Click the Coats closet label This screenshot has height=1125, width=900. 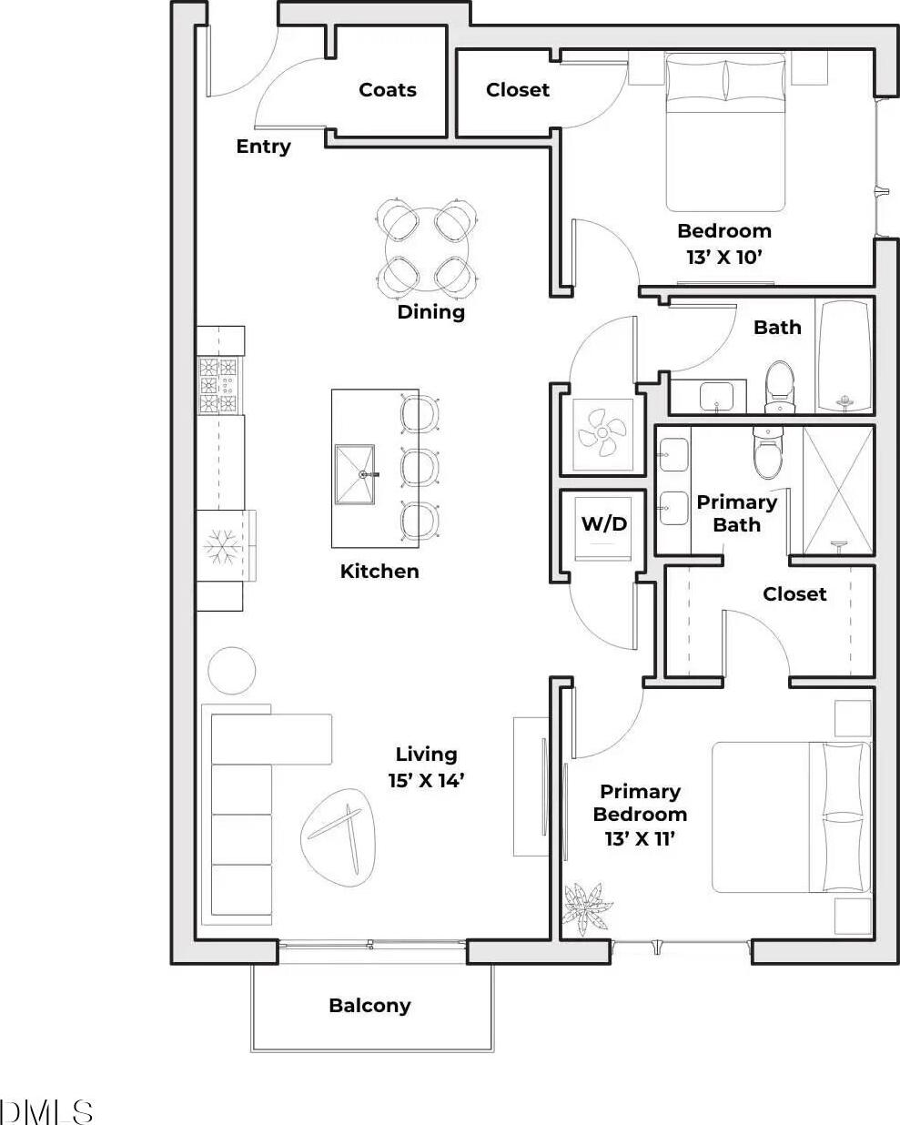click(x=388, y=89)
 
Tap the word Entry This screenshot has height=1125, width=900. click(x=263, y=147)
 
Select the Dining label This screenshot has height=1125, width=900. click(x=430, y=311)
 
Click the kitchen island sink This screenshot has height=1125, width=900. click(x=355, y=475)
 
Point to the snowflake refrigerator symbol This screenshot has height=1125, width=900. click(x=223, y=547)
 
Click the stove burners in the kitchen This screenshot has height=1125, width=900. click(x=219, y=385)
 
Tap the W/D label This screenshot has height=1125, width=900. click(x=603, y=523)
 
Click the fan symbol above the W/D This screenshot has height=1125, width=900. click(x=602, y=433)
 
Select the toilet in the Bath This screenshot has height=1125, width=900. click(x=780, y=387)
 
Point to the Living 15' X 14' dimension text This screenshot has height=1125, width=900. click(x=427, y=767)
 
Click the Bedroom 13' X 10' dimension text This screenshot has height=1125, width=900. click(x=723, y=244)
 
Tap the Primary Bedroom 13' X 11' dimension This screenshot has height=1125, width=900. click(x=640, y=815)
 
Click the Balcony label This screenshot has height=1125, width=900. click(x=369, y=1005)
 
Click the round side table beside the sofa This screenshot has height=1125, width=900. click(x=231, y=671)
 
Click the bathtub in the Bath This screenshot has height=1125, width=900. click(x=844, y=356)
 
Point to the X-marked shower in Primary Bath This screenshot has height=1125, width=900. click(x=837, y=491)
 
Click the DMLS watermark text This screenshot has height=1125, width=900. click(x=46, y=1111)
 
